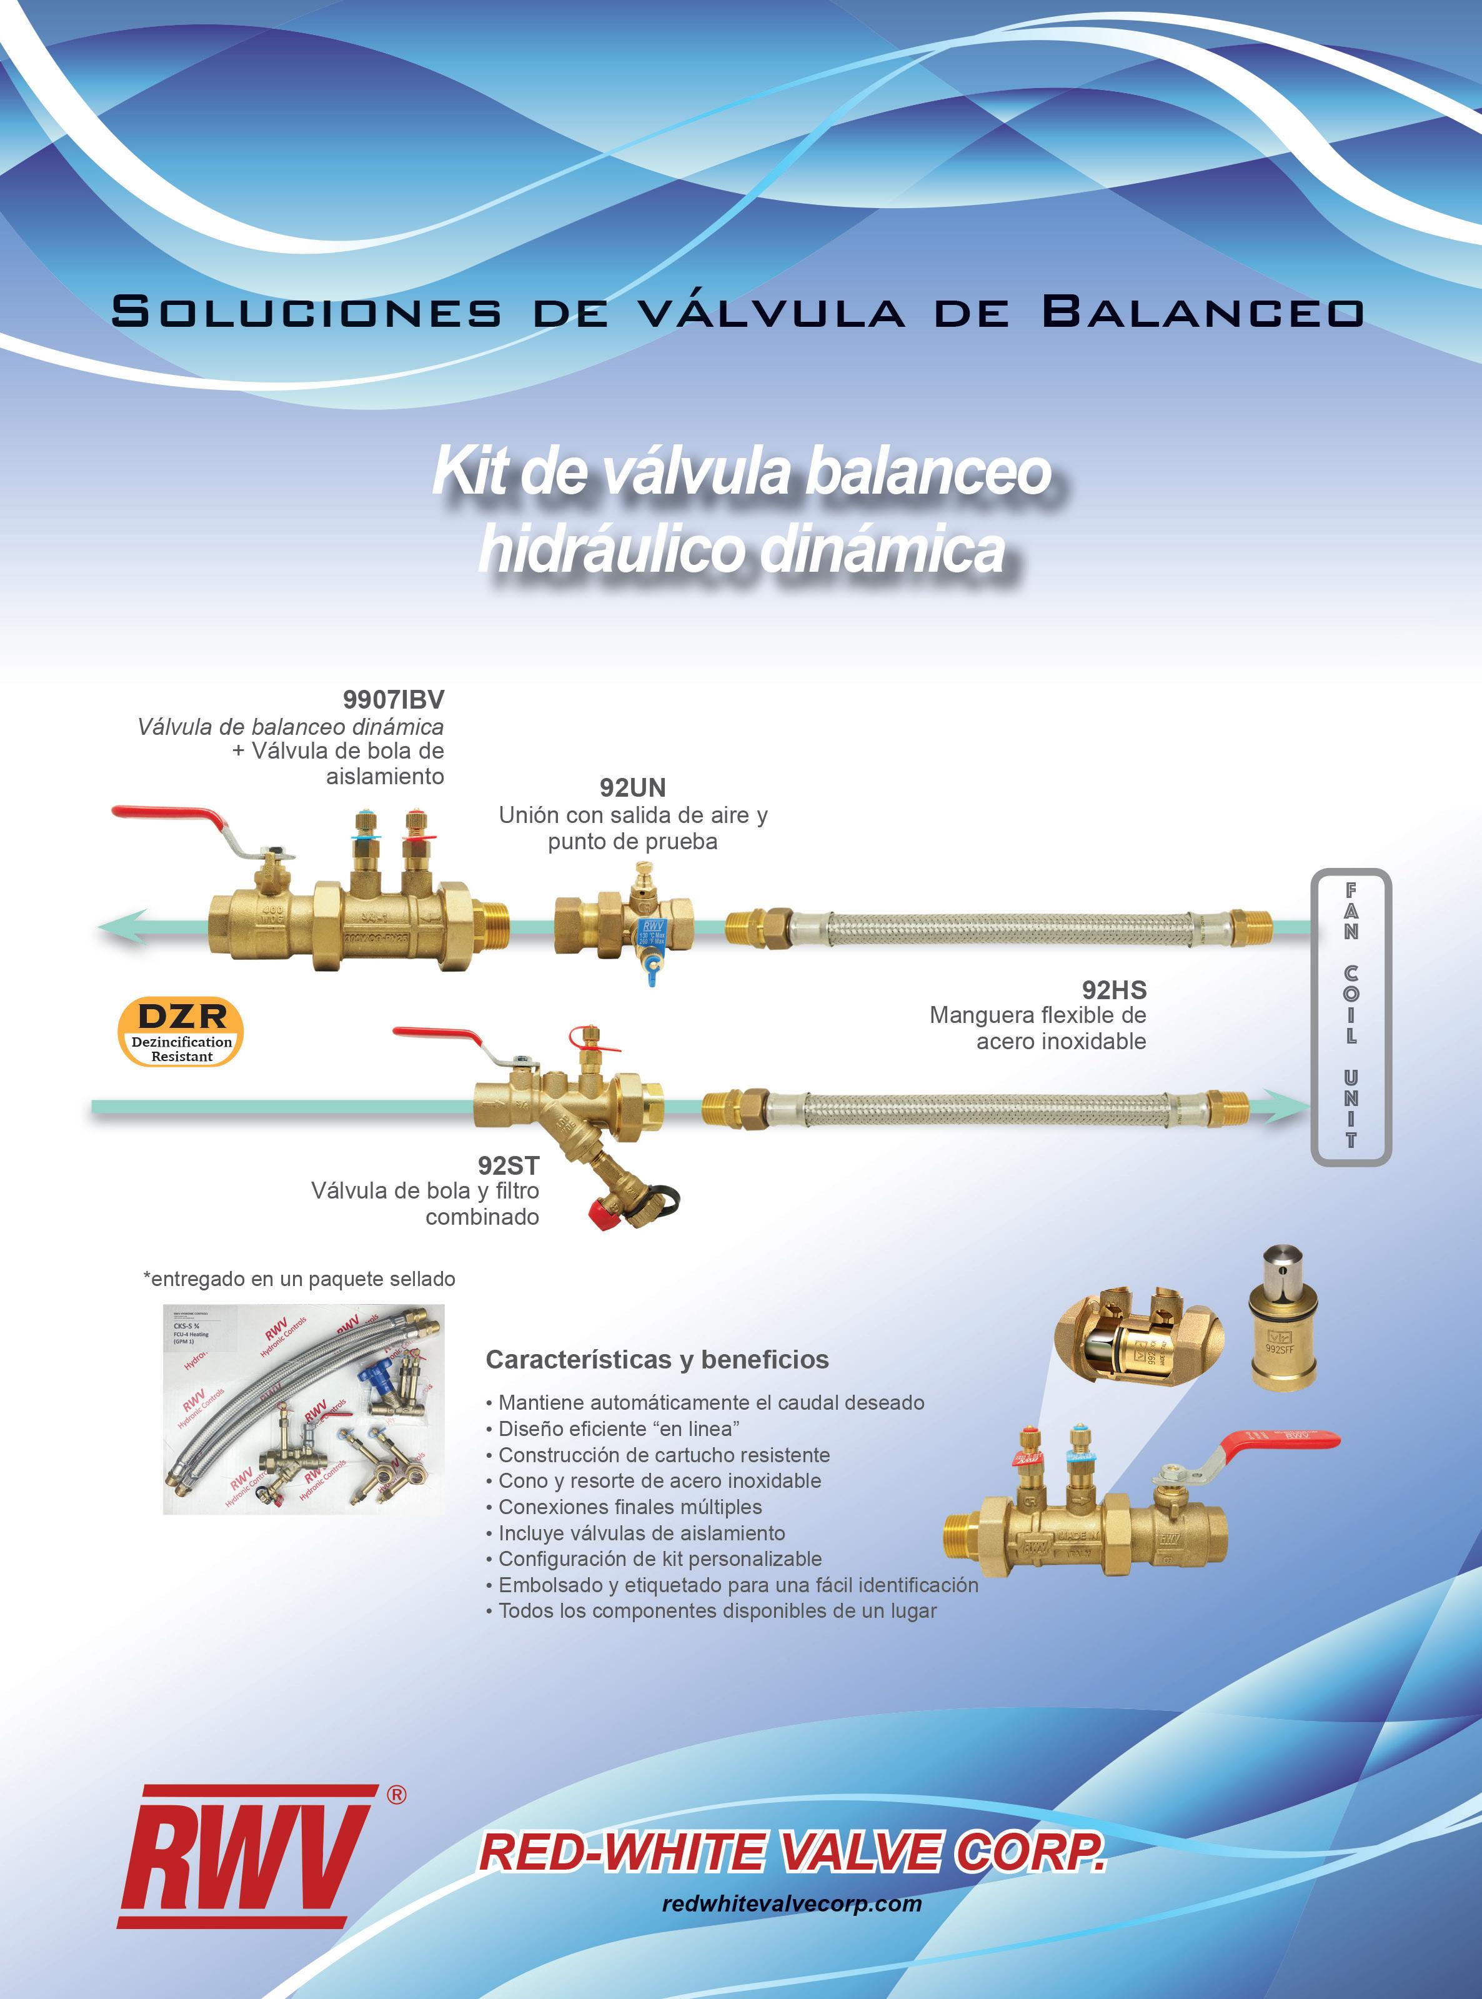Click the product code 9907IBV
[x=393, y=699]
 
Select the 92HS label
[x=1113, y=990]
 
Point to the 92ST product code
[x=508, y=1165]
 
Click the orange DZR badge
[x=181, y=1032]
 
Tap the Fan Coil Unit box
[x=1350, y=1017]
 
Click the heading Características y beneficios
[x=657, y=1359]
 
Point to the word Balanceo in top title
[x=1202, y=312]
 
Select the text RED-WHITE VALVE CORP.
[x=791, y=1852]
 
